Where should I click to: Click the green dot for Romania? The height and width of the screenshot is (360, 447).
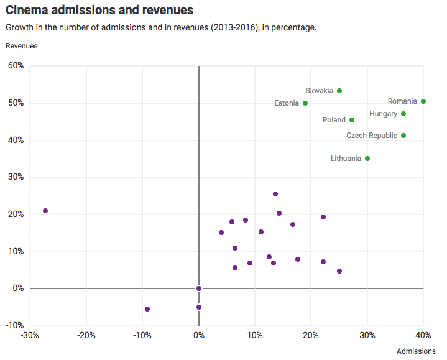(x=423, y=101)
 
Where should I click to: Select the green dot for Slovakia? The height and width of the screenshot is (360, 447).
(x=339, y=91)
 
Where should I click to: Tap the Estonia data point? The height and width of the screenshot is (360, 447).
(x=305, y=103)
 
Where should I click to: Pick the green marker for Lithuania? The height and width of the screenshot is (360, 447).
(x=367, y=159)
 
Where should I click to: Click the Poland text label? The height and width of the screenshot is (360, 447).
(x=334, y=120)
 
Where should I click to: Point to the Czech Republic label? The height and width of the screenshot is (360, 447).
(x=371, y=136)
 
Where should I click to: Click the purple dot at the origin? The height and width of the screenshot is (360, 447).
(x=199, y=288)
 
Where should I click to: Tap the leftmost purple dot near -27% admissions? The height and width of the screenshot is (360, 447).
(x=45, y=211)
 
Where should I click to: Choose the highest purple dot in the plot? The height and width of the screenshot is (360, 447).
(x=275, y=194)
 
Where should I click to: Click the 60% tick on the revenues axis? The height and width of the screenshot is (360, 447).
(x=16, y=66)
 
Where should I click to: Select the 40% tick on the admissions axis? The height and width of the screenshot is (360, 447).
(x=423, y=336)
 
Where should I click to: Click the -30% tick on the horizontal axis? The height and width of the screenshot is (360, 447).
(x=29, y=336)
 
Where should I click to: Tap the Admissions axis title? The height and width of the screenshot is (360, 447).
(x=416, y=351)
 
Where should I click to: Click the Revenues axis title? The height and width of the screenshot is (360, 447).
(x=21, y=46)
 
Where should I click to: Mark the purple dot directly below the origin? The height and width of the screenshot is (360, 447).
(x=199, y=307)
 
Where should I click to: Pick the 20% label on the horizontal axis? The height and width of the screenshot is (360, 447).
(x=311, y=336)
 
